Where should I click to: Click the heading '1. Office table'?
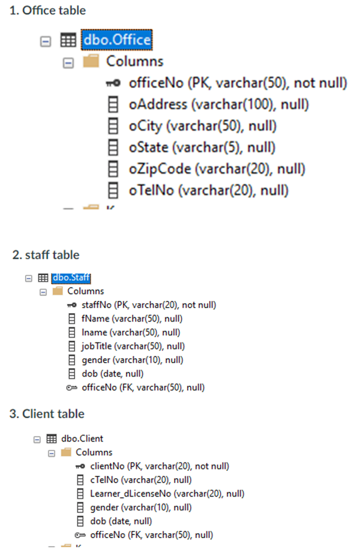tap(48, 10)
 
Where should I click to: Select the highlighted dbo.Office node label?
tap(116, 41)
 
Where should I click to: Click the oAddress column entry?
tap(218, 105)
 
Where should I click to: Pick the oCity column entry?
tap(202, 126)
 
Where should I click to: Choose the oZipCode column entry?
tap(217, 169)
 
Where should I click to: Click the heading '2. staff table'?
tap(46, 254)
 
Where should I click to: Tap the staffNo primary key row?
tap(149, 305)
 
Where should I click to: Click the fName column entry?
tap(131, 319)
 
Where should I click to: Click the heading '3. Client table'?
tap(47, 414)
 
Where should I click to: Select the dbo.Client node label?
tap(83, 438)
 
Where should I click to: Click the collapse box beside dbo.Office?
tap(45, 41)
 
